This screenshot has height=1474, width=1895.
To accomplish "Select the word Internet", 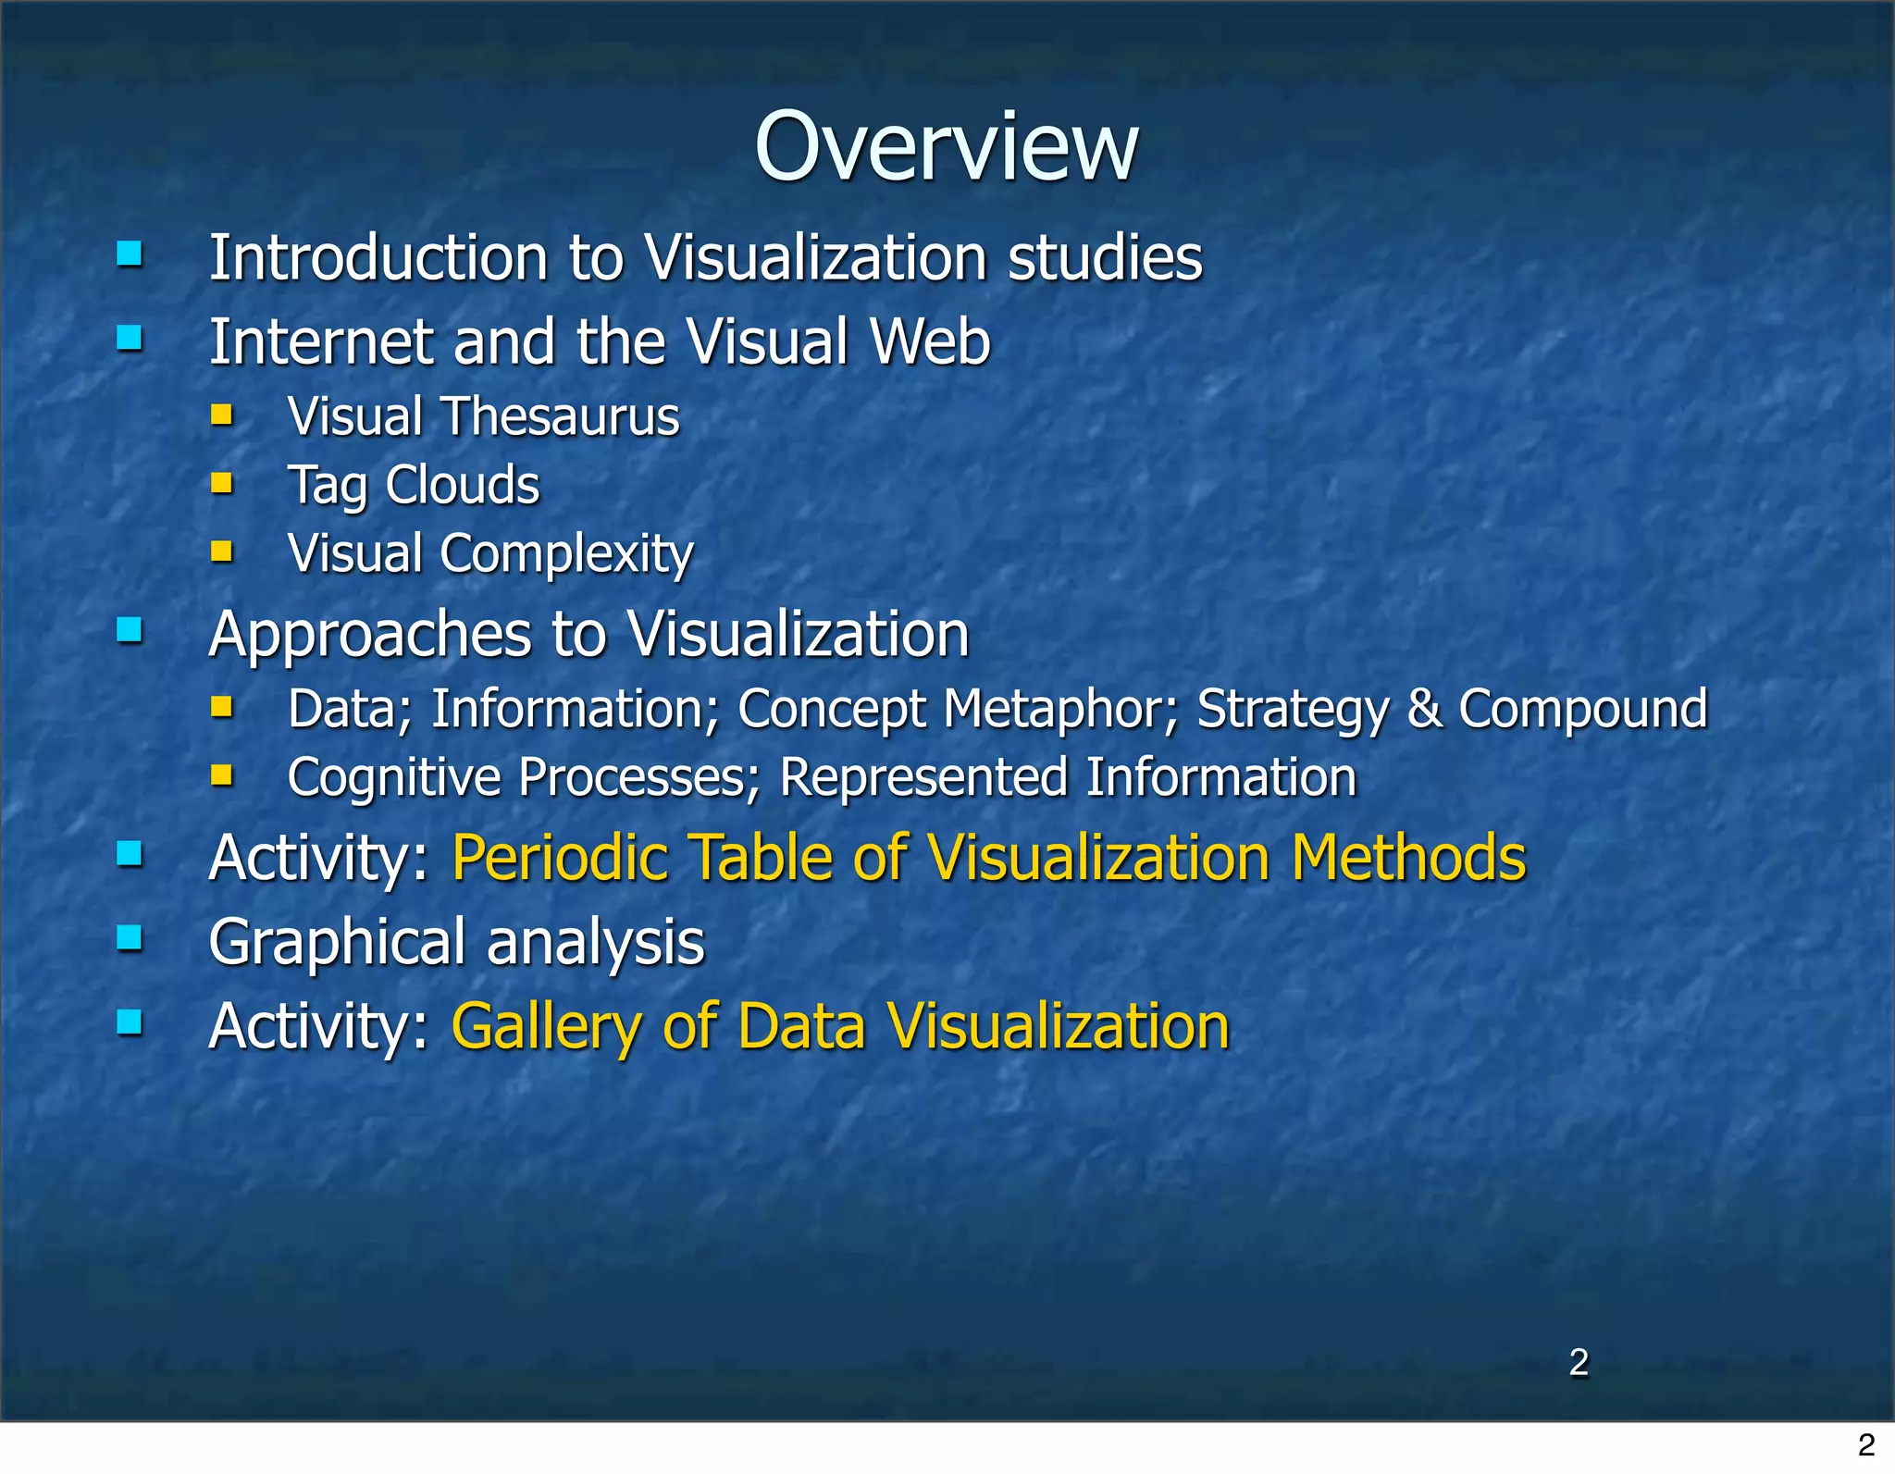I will [x=320, y=341].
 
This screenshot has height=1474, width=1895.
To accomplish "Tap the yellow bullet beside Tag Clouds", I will [x=221, y=483].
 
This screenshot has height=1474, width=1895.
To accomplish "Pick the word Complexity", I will [x=566, y=553].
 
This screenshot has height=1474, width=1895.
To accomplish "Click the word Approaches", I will [x=370, y=635].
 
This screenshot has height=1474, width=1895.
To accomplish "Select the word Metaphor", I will [x=1060, y=709].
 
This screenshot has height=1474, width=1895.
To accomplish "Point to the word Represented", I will [x=923, y=777].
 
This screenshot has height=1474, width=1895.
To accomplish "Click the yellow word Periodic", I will [x=560, y=858].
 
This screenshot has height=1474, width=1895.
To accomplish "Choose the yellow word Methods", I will [x=1408, y=858].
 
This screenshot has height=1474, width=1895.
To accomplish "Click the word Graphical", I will [x=337, y=943].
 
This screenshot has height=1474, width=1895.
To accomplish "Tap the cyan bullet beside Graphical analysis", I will [x=130, y=939].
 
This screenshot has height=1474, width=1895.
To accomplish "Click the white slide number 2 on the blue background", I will [x=1579, y=1362].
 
